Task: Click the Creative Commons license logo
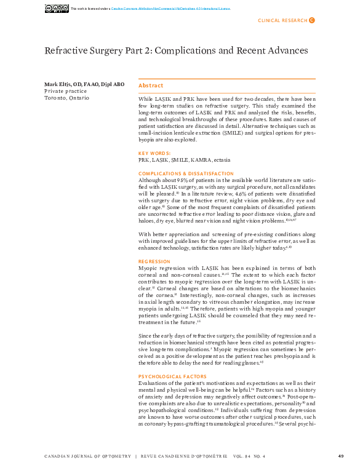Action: point(57,8)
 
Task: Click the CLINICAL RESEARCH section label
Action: point(282,20)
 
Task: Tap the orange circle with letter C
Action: point(311,20)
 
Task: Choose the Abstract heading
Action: point(151,85)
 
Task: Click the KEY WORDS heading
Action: point(154,153)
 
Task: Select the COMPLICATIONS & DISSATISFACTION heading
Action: point(186,173)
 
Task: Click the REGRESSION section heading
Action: point(154,261)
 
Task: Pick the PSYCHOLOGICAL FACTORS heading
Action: point(172,376)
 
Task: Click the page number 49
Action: point(341,456)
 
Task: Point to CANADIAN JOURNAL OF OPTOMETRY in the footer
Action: point(88,456)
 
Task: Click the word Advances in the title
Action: point(284,50)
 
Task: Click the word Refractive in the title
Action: point(67,50)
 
